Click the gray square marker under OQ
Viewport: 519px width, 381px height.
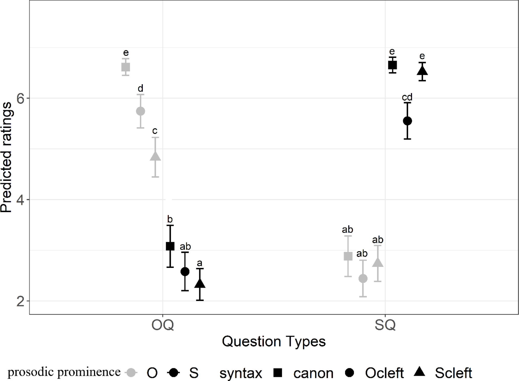pyautogui.click(x=126, y=67)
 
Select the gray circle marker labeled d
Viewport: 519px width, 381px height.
pyautogui.click(x=140, y=111)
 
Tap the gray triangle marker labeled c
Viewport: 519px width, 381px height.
pyautogui.click(x=155, y=156)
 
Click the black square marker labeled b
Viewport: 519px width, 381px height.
pyautogui.click(x=170, y=246)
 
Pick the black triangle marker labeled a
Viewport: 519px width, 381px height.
pyautogui.click(x=200, y=284)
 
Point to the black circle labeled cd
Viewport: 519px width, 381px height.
pyautogui.click(x=407, y=121)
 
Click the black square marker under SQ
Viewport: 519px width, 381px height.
pyautogui.click(x=392, y=65)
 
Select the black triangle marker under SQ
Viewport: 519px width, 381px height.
pyautogui.click(x=422, y=71)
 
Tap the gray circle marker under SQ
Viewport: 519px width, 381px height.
pyautogui.click(x=363, y=278)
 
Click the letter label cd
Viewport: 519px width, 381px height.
pyautogui.click(x=407, y=97)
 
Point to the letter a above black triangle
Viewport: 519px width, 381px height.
pyautogui.click(x=200, y=263)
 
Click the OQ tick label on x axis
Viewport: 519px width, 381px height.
pyautogui.click(x=162, y=325)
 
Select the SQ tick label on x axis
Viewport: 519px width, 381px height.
pyautogui.click(x=385, y=325)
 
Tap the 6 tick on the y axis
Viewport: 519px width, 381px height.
pyautogui.click(x=20, y=98)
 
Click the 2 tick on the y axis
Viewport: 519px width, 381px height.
pyautogui.click(x=20, y=301)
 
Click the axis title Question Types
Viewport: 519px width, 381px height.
pyautogui.click(x=274, y=341)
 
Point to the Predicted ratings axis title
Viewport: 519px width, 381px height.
pyautogui.click(x=6, y=157)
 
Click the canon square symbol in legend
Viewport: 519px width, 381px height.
pyautogui.click(x=278, y=373)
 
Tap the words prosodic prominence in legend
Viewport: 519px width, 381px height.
pyautogui.click(x=64, y=372)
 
